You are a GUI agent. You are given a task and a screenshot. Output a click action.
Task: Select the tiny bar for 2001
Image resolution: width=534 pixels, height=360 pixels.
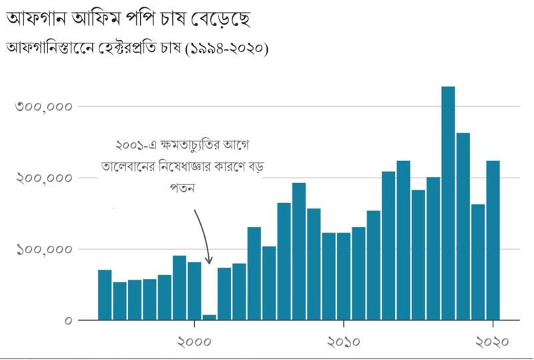point(209,317)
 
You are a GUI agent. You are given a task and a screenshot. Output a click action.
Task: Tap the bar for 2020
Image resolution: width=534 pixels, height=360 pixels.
point(493,240)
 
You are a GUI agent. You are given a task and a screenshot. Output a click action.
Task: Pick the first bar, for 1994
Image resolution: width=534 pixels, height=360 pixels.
point(105,295)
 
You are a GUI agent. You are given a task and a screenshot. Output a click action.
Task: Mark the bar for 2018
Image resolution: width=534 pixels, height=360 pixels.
point(463,226)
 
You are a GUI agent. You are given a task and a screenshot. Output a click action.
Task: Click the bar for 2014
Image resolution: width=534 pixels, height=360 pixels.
point(403,240)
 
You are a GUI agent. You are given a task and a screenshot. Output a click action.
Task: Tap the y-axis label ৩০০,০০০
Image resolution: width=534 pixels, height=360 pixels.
point(43,107)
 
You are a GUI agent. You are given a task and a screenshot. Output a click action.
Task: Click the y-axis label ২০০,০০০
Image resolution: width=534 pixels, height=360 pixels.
point(43,178)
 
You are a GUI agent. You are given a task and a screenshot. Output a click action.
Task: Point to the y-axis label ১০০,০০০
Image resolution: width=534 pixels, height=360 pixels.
point(43,250)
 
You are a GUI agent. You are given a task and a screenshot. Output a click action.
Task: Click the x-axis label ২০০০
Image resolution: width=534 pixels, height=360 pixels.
point(194,341)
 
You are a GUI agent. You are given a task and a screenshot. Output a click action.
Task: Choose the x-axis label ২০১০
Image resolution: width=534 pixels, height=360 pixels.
point(343,341)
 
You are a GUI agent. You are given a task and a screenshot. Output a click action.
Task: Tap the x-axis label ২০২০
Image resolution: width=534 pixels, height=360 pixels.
point(493,341)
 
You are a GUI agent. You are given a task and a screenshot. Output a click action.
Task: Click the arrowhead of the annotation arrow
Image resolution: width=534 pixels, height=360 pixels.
point(208,260)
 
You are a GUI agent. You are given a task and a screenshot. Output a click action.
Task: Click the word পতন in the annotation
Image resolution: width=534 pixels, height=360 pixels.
point(182,188)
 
